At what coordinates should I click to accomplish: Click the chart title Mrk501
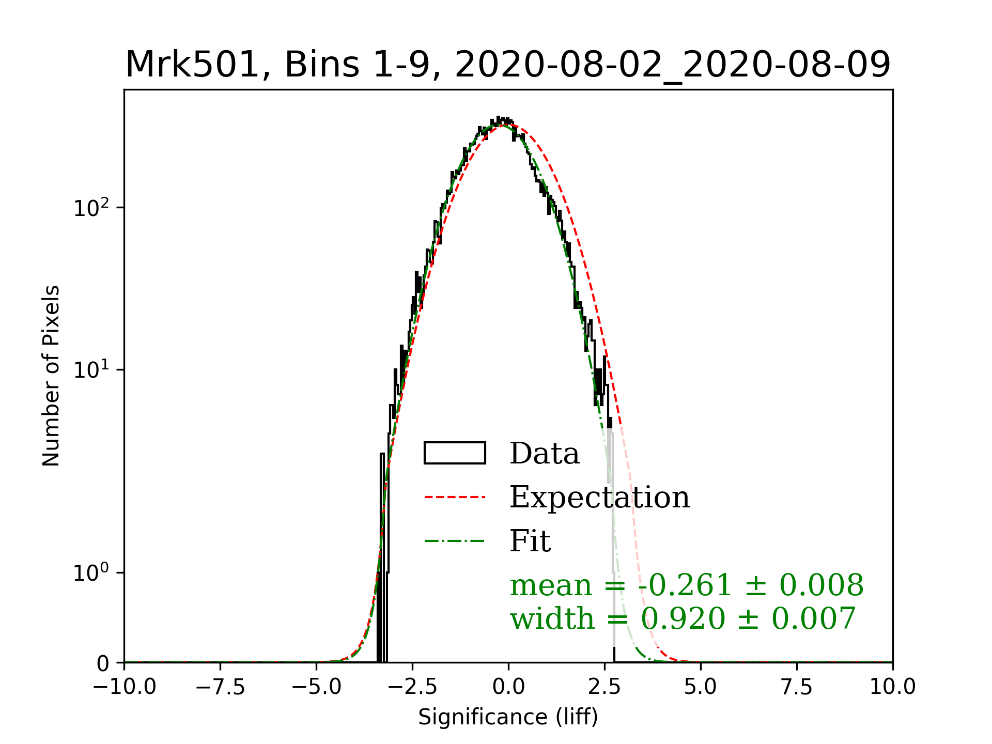[x=508, y=65]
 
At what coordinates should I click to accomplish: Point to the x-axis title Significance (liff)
[x=508, y=717]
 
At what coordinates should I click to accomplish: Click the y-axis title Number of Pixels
[x=51, y=376]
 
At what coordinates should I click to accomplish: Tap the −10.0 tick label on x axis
[x=125, y=687]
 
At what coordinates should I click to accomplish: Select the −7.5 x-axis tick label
[x=221, y=687]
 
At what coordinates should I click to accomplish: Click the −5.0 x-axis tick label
[x=316, y=687]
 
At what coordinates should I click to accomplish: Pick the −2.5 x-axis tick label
[x=412, y=687]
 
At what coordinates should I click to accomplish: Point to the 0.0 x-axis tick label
[x=508, y=687]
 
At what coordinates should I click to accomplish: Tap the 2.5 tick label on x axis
[x=605, y=687]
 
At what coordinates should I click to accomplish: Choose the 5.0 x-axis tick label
[x=701, y=687]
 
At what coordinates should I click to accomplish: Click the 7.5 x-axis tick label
[x=797, y=687]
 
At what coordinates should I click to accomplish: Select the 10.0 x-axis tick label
[x=892, y=687]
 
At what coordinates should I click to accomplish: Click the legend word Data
[x=545, y=454]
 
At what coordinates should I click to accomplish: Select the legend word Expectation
[x=599, y=498]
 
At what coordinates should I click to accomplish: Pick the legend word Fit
[x=530, y=541]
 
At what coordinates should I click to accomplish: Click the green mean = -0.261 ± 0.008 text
[x=687, y=585]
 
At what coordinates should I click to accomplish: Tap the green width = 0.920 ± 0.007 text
[x=683, y=618]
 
